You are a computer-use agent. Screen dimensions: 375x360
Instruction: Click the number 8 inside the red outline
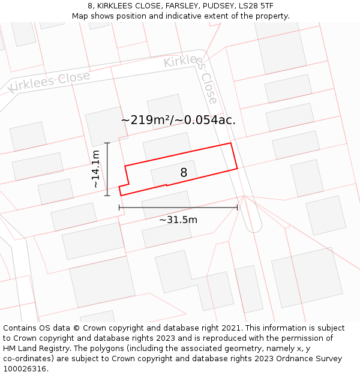(184, 173)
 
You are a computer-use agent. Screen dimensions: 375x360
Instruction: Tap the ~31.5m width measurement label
(178, 220)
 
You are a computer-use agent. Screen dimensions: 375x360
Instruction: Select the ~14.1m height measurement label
(96, 169)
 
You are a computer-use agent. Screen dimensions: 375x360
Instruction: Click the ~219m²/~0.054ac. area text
(178, 120)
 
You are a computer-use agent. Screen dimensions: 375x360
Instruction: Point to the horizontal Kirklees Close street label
(49, 82)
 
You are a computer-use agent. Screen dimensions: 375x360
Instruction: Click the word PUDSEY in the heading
(215, 5)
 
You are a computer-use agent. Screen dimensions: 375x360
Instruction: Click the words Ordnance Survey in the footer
(312, 359)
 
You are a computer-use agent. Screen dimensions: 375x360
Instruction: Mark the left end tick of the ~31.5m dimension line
(119, 208)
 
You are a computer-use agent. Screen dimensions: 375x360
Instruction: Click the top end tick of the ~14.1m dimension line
(107, 143)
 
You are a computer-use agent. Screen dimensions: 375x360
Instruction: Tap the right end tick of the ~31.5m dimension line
(238, 208)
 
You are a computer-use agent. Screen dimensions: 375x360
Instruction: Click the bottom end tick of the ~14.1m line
(107, 196)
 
